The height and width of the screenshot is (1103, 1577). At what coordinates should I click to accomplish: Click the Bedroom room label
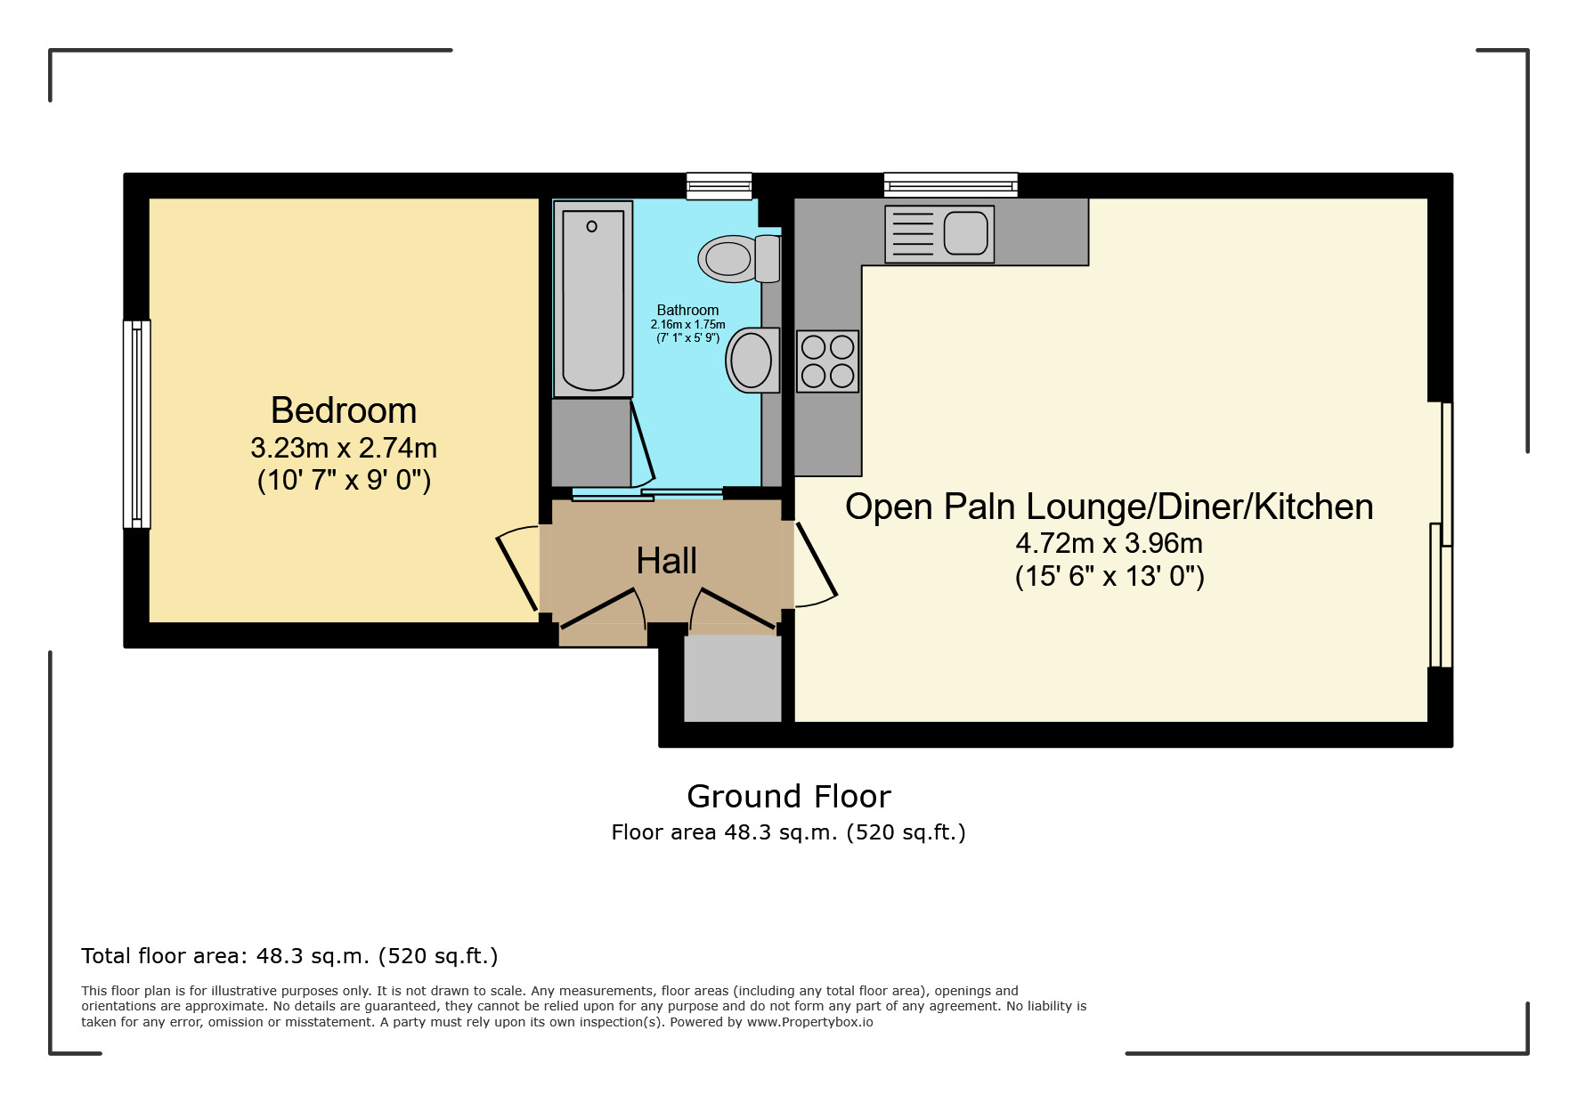pos(344,410)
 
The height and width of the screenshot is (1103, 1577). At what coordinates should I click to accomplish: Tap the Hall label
pos(666,561)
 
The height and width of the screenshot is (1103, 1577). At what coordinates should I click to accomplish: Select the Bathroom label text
pos(687,310)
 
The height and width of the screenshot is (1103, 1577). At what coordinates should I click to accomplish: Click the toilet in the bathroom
pos(739,258)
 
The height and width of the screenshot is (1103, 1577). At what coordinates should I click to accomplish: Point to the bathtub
pos(593,299)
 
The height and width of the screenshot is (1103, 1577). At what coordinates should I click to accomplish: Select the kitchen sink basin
pos(966,232)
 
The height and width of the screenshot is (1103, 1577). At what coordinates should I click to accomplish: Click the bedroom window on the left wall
pos(137,424)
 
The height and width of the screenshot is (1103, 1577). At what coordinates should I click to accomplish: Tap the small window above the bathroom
pos(719,186)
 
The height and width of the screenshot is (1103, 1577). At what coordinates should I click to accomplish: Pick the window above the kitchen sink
pos(951,185)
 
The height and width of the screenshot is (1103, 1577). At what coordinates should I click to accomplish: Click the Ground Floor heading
pos(789,796)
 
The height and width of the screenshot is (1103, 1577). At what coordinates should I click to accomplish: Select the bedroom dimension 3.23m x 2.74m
pos(344,447)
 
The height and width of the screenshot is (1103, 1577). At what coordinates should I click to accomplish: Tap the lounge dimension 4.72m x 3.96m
pos(1110,543)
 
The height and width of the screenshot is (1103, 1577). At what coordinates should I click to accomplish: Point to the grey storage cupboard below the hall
pos(732,678)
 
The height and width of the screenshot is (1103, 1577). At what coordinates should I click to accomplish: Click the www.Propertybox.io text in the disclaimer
pos(809,1022)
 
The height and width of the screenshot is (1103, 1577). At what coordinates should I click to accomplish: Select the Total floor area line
pos(289,956)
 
